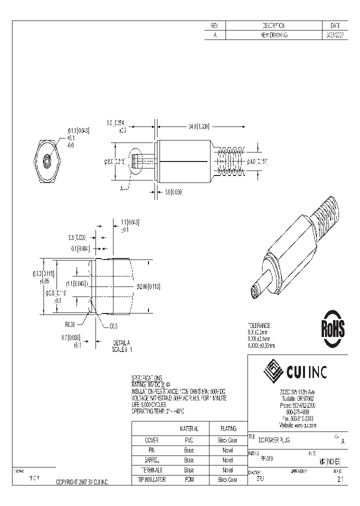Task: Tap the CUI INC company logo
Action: [296, 371]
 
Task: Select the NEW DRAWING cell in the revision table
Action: [274, 35]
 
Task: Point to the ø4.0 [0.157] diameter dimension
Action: [258, 161]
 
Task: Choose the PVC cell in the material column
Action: [188, 440]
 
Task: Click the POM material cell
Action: [188, 479]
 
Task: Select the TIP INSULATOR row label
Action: [151, 479]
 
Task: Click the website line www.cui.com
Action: [298, 425]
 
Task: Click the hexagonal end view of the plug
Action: [46, 160]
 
